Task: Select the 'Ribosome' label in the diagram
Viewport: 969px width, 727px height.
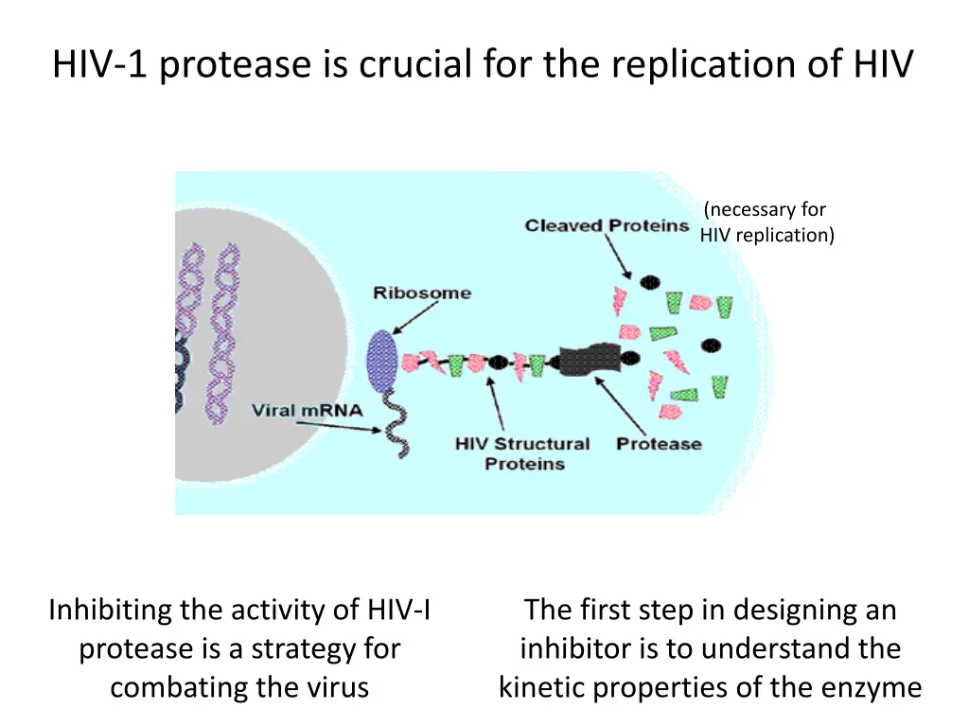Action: pyautogui.click(x=421, y=293)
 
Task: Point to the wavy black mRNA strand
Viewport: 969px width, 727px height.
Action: pyautogui.click(x=392, y=425)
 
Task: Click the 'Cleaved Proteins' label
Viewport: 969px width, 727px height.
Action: pyautogui.click(x=607, y=225)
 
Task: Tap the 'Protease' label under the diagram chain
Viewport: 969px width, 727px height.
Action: pyautogui.click(x=659, y=443)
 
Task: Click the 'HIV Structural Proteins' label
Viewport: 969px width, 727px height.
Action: pyautogui.click(x=521, y=453)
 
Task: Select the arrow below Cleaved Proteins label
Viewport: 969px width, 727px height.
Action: pyautogui.click(x=625, y=257)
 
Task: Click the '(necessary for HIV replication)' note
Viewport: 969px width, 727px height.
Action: pyautogui.click(x=766, y=222)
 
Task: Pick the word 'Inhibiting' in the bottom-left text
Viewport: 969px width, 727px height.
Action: pyautogui.click(x=110, y=611)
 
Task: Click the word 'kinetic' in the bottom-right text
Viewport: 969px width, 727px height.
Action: pyautogui.click(x=544, y=687)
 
